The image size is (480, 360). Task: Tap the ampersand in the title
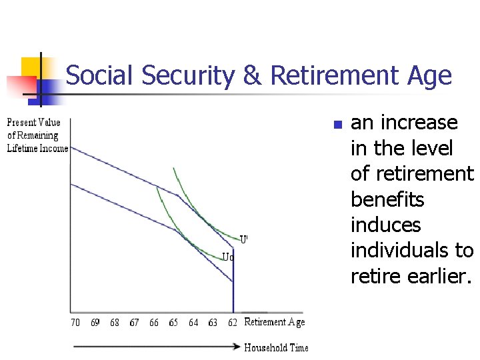pyautogui.click(x=252, y=76)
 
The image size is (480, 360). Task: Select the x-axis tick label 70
pyautogui.click(x=75, y=323)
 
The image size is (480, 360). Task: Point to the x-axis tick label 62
pyautogui.click(x=232, y=323)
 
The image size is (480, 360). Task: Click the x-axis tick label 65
pyautogui.click(x=173, y=323)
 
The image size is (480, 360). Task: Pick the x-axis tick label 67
pyautogui.click(x=134, y=323)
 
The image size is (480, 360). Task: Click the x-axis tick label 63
pyautogui.click(x=213, y=323)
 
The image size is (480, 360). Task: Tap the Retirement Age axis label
pyautogui.click(x=275, y=323)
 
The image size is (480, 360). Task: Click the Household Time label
pyautogui.click(x=276, y=347)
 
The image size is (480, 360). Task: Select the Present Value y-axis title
pyautogui.click(x=37, y=135)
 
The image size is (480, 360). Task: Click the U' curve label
pyautogui.click(x=244, y=239)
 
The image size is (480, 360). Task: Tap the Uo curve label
pyautogui.click(x=227, y=257)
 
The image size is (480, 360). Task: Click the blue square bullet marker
pyautogui.click(x=337, y=125)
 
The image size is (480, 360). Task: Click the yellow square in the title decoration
pyautogui.click(x=31, y=67)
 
